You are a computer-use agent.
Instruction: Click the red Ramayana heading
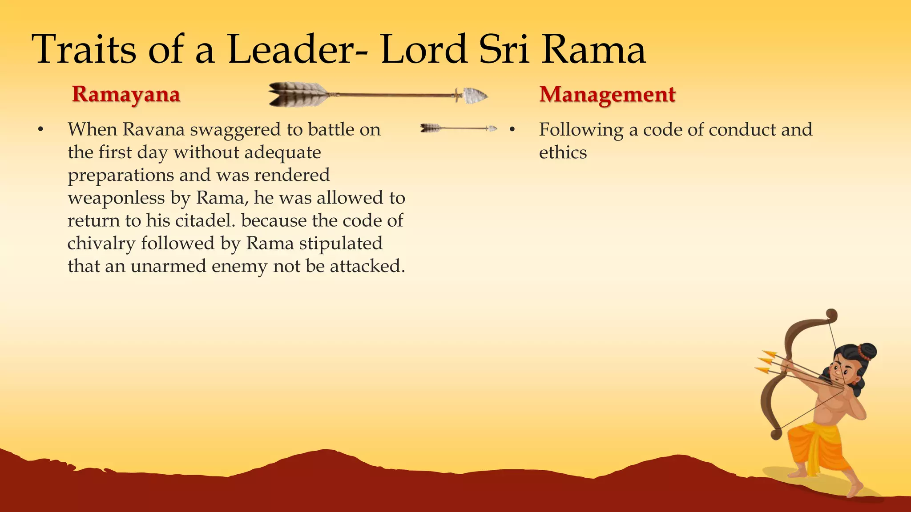tap(126, 94)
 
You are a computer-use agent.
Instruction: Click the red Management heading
tap(607, 94)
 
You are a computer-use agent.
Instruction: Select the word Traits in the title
tap(84, 50)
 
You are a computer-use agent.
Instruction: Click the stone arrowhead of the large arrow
tap(475, 95)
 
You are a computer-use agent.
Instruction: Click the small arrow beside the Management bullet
tap(458, 128)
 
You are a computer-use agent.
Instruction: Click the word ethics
tap(563, 153)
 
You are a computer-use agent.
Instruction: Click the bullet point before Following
tap(512, 130)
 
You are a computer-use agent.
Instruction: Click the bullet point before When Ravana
tap(40, 130)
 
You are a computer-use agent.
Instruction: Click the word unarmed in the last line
tap(168, 266)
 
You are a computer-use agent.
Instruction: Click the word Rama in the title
tap(593, 50)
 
